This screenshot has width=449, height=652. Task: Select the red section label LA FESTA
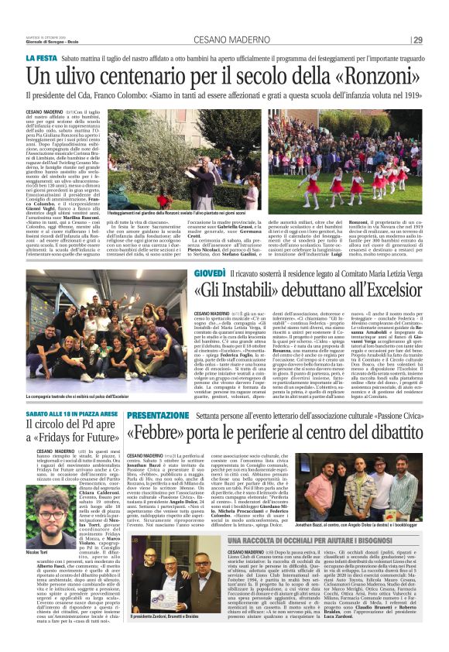pos(42,58)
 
